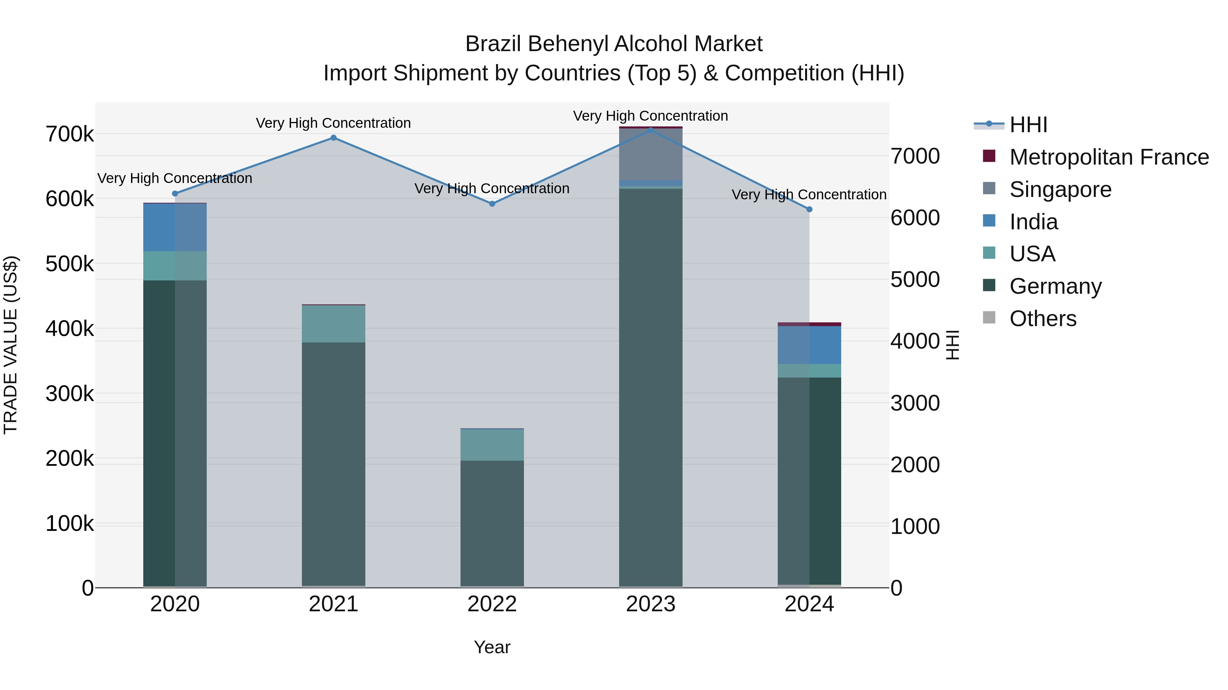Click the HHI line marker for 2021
pyautogui.click(x=333, y=138)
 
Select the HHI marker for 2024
pyautogui.click(x=809, y=210)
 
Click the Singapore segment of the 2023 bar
pyautogui.click(x=651, y=155)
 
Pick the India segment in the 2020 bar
pyautogui.click(x=175, y=227)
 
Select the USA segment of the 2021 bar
pyautogui.click(x=333, y=324)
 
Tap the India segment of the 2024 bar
pyautogui.click(x=809, y=345)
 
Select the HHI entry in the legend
pyautogui.click(x=1028, y=125)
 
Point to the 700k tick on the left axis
pyautogui.click(x=70, y=135)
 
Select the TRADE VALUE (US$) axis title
pyautogui.click(x=11, y=345)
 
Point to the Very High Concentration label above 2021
pyautogui.click(x=333, y=123)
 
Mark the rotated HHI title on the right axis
pyautogui.click(x=952, y=345)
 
